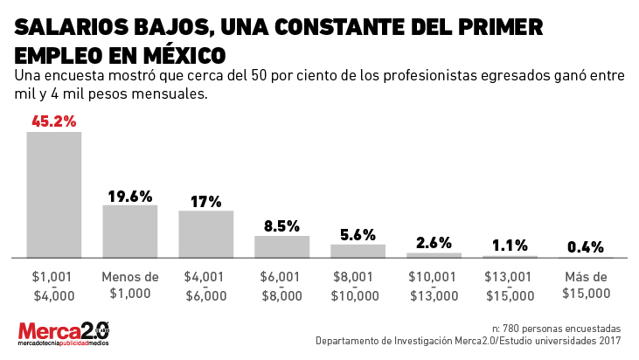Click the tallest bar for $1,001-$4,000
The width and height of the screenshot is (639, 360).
(x=53, y=195)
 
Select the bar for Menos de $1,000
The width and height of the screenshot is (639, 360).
(x=129, y=232)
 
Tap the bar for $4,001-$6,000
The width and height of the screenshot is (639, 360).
(x=205, y=234)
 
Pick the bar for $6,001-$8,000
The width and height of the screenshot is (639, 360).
(x=281, y=246)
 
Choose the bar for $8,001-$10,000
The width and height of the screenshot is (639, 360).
(x=358, y=251)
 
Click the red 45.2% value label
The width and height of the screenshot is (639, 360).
(x=53, y=121)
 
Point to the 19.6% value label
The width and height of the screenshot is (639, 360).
(x=129, y=196)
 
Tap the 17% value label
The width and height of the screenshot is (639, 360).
(x=205, y=201)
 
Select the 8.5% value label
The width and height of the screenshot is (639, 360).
(x=281, y=226)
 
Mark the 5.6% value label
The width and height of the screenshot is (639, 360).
(x=358, y=234)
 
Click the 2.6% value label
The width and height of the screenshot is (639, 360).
(x=434, y=243)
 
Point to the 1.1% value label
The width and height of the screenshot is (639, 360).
(x=510, y=246)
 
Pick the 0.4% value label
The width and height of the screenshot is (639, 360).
(x=586, y=247)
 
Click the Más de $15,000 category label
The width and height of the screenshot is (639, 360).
(x=586, y=286)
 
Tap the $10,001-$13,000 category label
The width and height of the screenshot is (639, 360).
(x=434, y=286)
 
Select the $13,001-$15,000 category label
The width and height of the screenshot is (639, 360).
(x=510, y=286)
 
